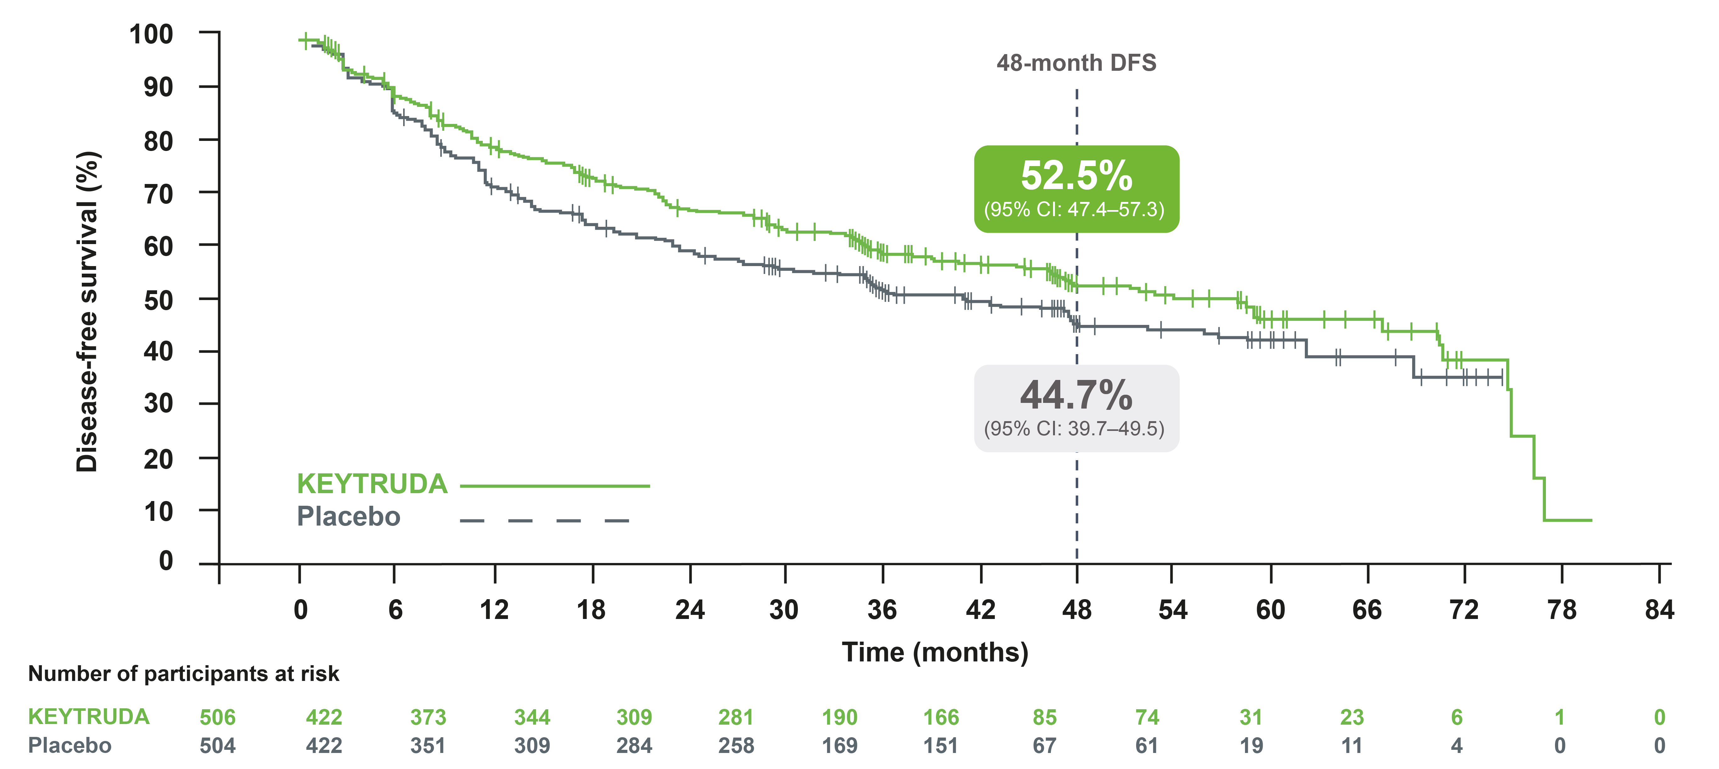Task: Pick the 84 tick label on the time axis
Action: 1659,610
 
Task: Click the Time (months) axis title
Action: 935,652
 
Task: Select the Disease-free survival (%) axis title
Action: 87,311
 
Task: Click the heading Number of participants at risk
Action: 183,674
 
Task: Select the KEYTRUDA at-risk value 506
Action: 217,717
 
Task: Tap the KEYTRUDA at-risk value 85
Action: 1044,717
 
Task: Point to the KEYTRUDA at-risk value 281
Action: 736,717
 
